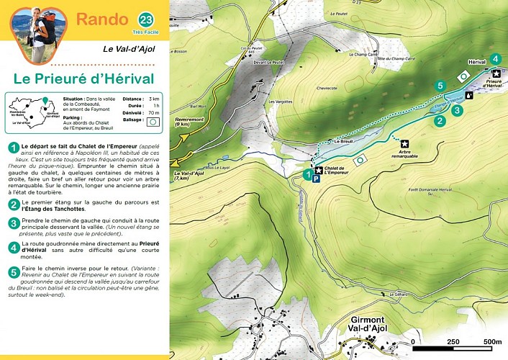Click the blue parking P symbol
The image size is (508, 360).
[316, 180]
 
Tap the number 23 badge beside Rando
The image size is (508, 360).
[146, 19]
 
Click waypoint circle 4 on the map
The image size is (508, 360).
[494, 59]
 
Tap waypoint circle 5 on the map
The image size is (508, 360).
[440, 86]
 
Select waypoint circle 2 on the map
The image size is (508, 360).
[439, 121]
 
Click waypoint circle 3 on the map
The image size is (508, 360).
[456, 110]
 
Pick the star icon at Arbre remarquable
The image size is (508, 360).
[404, 143]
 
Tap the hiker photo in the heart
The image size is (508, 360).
[37, 32]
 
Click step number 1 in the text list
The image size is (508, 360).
[13, 148]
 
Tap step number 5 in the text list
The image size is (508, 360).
[13, 271]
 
